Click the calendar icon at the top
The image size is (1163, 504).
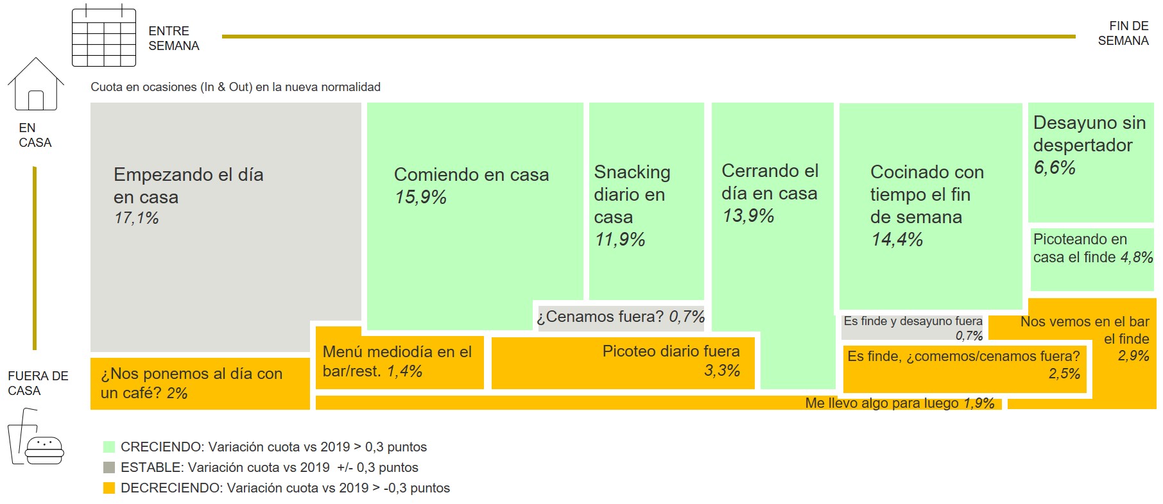coord(104,36)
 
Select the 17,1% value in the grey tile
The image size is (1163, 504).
coord(136,218)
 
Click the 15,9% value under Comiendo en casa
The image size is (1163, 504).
coord(420,197)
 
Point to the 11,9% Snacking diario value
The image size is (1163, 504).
coord(619,239)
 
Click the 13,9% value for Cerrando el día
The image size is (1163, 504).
coord(748,215)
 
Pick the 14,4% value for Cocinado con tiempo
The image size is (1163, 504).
coord(897,239)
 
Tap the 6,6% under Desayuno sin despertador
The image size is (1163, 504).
coord(1054,167)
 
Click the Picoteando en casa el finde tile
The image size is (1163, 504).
coord(1092,256)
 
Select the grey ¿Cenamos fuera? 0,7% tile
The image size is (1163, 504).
coord(620,317)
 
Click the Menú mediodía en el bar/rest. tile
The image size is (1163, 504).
coord(399,362)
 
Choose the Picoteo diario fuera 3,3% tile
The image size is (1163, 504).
coord(623,362)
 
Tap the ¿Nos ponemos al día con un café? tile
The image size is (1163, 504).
coord(200,383)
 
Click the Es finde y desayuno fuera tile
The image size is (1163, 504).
coord(913,328)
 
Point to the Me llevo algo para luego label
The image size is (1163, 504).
coord(899,403)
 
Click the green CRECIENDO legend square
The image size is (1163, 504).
coord(109,447)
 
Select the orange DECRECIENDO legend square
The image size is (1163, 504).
coord(109,488)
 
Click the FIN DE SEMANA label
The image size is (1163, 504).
coord(1123,33)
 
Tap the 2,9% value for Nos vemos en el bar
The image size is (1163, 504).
coord(1133,356)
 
